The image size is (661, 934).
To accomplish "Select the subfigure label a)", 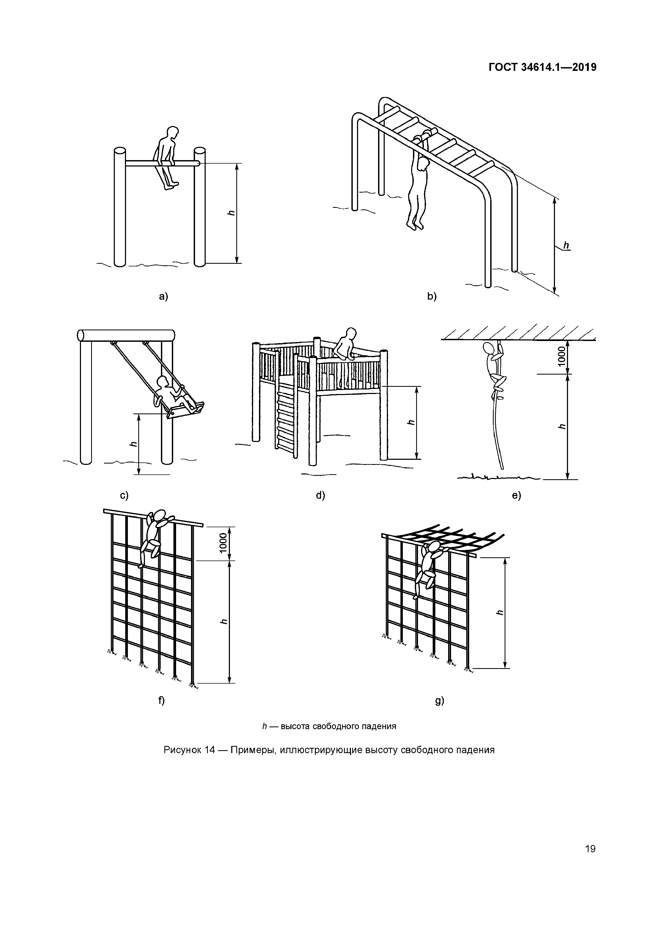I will (x=163, y=297).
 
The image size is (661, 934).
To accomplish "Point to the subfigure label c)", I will (x=124, y=495).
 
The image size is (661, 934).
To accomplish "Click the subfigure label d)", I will (x=321, y=495).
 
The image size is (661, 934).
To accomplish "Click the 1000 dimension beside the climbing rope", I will (x=562, y=356).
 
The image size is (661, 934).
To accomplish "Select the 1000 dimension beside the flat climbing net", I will (x=223, y=543).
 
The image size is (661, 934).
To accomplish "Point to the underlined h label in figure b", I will (x=566, y=245).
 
